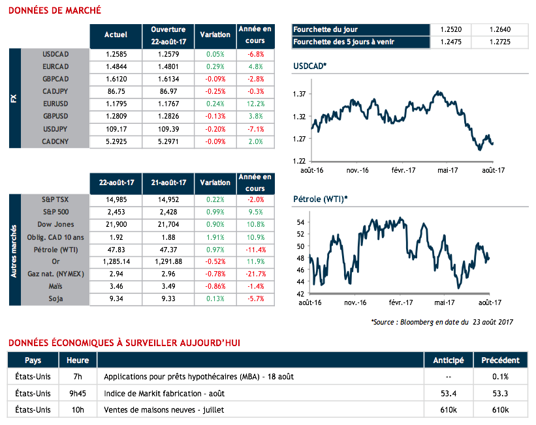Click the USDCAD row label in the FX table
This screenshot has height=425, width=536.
coord(55,53)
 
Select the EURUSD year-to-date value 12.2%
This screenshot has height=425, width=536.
coord(256,103)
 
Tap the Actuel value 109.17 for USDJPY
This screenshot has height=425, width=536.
coord(116,128)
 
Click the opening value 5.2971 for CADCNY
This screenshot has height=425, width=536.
coord(168,141)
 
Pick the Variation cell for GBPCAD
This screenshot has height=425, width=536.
coord(215,78)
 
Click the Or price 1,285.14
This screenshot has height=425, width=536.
coord(116,261)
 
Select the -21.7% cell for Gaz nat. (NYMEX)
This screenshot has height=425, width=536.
coord(256,274)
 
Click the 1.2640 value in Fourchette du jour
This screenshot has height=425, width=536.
coord(499,29)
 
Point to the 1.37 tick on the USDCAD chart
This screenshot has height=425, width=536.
coord(300,95)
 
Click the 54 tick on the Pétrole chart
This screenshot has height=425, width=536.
coord(302,222)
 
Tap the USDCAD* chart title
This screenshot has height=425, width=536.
coord(310,66)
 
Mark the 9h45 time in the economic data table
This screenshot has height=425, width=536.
coord(78,393)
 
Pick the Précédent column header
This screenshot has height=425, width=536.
coord(500,360)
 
